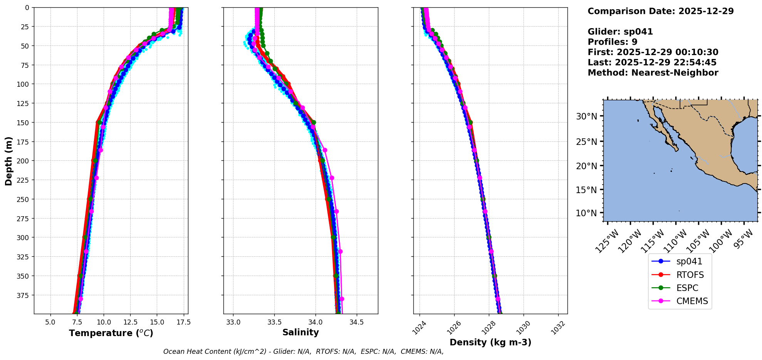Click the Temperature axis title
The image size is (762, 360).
pyautogui.click(x=111, y=333)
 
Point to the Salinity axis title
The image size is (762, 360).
pyautogui.click(x=300, y=332)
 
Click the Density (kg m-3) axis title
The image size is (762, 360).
pyautogui.click(x=490, y=342)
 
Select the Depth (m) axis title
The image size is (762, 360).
pyautogui.click(x=8, y=161)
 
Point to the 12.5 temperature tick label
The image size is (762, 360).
pyautogui.click(x=130, y=322)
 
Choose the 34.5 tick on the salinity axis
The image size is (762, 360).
pyautogui.click(x=356, y=322)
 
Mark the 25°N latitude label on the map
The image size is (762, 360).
pyautogui.click(x=586, y=142)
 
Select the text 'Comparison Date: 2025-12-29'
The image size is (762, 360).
pyautogui.click(x=660, y=11)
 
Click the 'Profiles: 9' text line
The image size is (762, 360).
pyautogui.click(x=612, y=42)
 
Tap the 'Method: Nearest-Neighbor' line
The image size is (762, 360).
pyautogui.click(x=653, y=73)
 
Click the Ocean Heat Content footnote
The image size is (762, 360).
pyautogui.click(x=303, y=352)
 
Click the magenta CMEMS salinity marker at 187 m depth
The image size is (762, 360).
pyautogui.click(x=325, y=150)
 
